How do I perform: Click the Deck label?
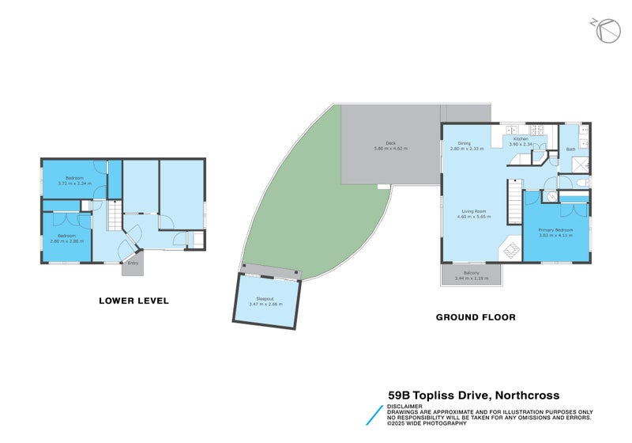(x=390, y=143)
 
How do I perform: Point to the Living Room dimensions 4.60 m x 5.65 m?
(x=472, y=216)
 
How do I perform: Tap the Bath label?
(x=570, y=150)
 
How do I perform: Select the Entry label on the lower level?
(x=133, y=263)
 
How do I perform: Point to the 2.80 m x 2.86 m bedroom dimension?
(x=66, y=240)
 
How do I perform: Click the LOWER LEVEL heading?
(x=134, y=301)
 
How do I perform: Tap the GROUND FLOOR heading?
(x=476, y=317)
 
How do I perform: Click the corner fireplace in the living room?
(x=510, y=249)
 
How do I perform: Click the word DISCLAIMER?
(x=404, y=407)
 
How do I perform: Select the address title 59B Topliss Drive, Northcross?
(x=473, y=395)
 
